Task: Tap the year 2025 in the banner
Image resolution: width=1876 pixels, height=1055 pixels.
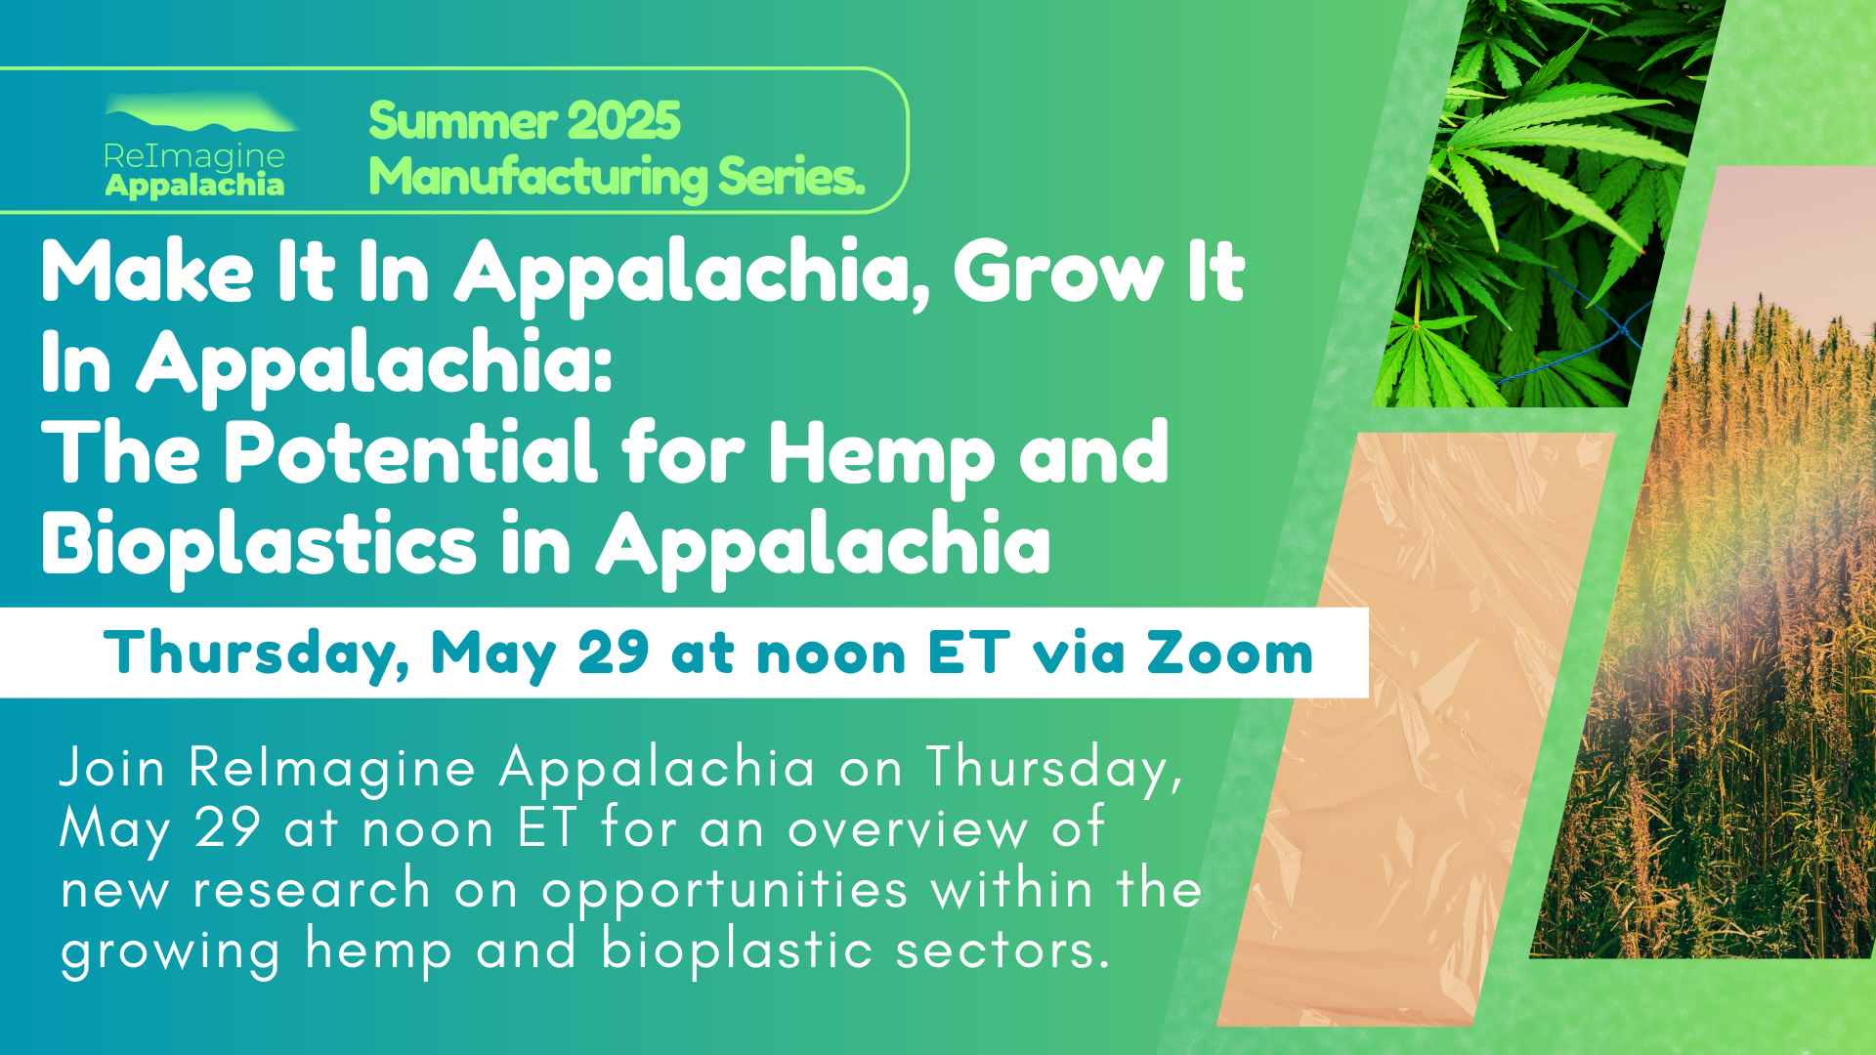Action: (x=622, y=121)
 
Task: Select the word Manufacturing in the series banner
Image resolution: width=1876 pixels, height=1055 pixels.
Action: (x=538, y=178)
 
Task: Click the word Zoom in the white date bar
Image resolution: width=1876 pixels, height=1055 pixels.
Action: (x=1230, y=653)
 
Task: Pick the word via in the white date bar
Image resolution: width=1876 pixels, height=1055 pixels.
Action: (x=1079, y=653)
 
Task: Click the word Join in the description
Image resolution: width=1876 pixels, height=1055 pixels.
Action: (x=112, y=768)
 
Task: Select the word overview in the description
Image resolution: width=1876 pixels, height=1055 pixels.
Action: (x=908, y=829)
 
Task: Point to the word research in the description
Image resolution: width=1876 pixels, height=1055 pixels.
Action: (x=312, y=890)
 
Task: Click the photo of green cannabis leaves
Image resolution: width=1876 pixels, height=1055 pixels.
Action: (x=1549, y=203)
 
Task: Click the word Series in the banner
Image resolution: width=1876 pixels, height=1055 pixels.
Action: (x=792, y=178)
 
